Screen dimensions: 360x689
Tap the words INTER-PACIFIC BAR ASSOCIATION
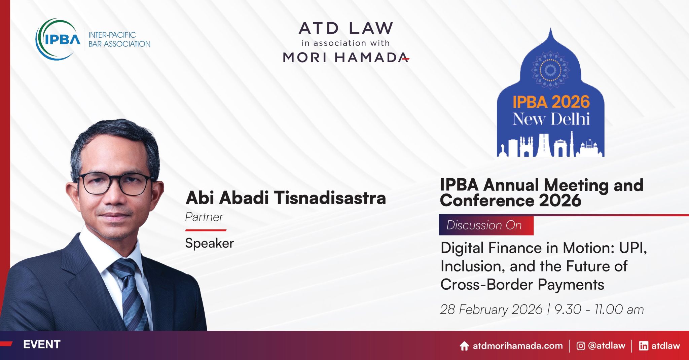pyautogui.click(x=119, y=39)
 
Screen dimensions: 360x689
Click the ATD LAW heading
pyautogui.click(x=346, y=28)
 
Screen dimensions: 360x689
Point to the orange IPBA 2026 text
pyautogui.click(x=551, y=102)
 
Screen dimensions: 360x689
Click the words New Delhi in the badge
pyautogui.click(x=551, y=119)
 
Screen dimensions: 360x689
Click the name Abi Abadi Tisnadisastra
pyautogui.click(x=286, y=197)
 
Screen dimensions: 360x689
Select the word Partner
pyautogui.click(x=204, y=217)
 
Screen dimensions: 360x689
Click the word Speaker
pyautogui.click(x=209, y=243)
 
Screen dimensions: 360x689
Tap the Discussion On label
pyautogui.click(x=484, y=225)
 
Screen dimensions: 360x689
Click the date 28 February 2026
pyautogui.click(x=491, y=310)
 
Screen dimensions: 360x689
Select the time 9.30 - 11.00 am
pyautogui.click(x=599, y=310)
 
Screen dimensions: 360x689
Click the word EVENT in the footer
pyautogui.click(x=41, y=345)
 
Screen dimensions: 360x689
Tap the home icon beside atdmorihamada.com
pyautogui.click(x=464, y=346)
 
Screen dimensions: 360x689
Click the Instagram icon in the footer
pyautogui.click(x=581, y=346)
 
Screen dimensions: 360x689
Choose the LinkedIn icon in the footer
pyautogui.click(x=643, y=346)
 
